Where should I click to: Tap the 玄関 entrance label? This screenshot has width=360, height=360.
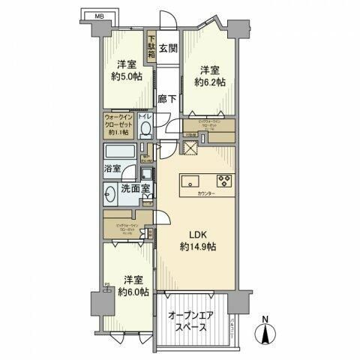click(168, 48)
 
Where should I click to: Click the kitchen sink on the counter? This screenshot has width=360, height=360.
click(190, 181)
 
